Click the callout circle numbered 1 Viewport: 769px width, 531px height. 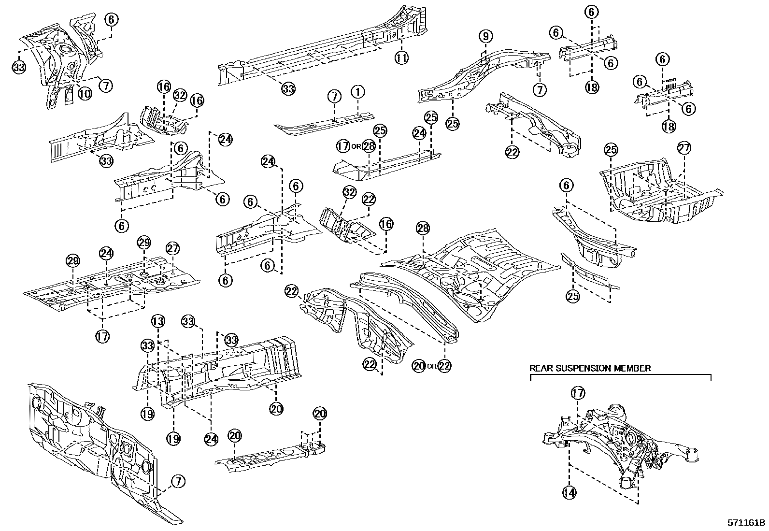click(357, 91)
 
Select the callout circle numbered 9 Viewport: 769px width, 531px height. click(486, 36)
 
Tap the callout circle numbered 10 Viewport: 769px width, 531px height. click(85, 93)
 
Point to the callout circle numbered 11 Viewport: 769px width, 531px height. click(401, 57)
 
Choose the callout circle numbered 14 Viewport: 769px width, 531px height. click(570, 492)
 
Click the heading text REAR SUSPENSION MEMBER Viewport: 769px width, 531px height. click(590, 368)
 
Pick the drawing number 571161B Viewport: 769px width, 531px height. click(747, 523)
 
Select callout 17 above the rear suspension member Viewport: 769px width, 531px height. click(578, 393)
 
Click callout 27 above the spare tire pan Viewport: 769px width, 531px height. click(684, 148)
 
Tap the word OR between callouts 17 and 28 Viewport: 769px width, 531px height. click(356, 146)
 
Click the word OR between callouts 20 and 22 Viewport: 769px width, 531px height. click(432, 366)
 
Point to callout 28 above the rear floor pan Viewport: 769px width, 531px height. click(423, 230)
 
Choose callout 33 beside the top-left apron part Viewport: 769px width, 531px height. click(18, 68)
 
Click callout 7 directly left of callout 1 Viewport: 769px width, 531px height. click(334, 96)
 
